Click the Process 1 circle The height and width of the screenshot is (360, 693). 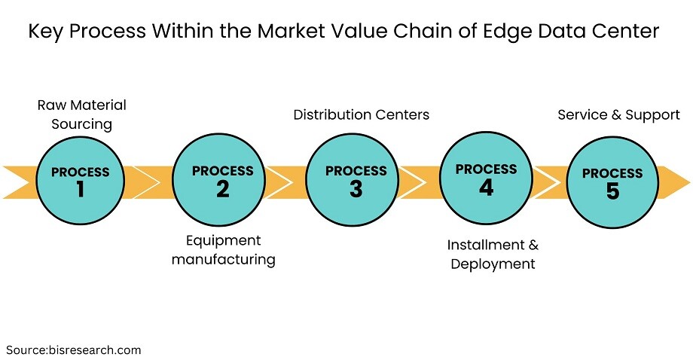(x=80, y=180)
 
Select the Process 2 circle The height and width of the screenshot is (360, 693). (x=218, y=180)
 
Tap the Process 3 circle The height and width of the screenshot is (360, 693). (x=353, y=180)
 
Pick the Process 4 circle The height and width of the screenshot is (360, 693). (x=486, y=178)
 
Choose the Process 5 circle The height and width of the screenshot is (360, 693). (x=612, y=182)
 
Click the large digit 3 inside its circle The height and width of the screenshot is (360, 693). (x=356, y=189)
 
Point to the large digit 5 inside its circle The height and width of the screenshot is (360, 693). (x=612, y=191)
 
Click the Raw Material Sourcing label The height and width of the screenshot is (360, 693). (x=82, y=114)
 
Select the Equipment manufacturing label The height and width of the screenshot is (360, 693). (x=223, y=249)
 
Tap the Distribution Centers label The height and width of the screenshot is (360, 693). (x=361, y=114)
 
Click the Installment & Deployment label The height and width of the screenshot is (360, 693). (x=493, y=254)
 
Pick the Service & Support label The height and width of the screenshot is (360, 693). (x=618, y=114)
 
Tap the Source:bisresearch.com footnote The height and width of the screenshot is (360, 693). (x=73, y=350)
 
